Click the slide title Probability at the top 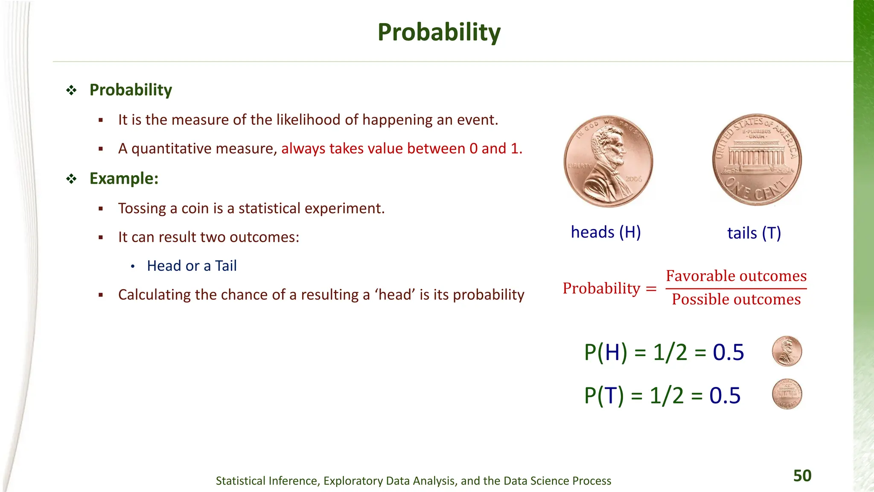(x=439, y=32)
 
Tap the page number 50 (x=802, y=476)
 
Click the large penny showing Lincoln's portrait (x=608, y=161)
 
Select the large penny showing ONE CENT (x=757, y=160)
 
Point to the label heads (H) (x=606, y=232)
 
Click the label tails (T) (x=754, y=233)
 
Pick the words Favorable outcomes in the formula (x=736, y=276)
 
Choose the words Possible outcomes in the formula (x=736, y=299)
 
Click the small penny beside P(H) (x=787, y=351)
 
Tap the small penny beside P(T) (x=787, y=394)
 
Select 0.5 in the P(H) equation (x=728, y=353)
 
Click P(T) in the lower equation (x=604, y=395)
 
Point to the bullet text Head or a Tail (x=192, y=266)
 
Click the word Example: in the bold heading (x=124, y=179)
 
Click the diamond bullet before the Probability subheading (x=71, y=90)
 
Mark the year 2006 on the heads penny (x=633, y=179)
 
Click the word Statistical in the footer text (x=241, y=481)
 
